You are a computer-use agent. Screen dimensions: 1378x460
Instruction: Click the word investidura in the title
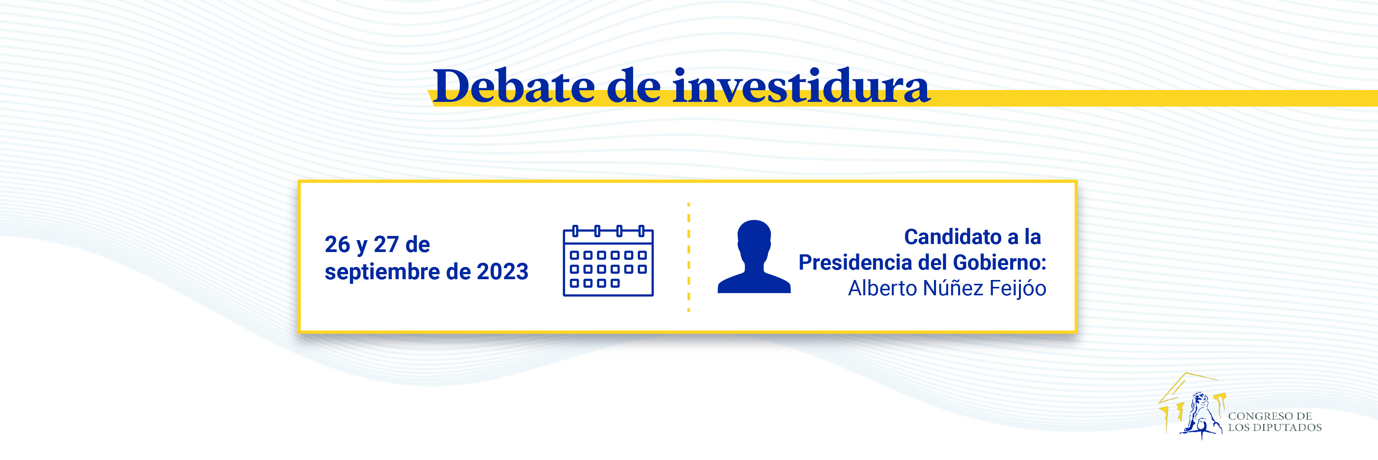coord(801,86)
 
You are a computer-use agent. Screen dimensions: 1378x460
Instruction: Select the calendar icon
coord(608,261)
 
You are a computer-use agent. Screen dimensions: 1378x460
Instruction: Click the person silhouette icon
coord(754,257)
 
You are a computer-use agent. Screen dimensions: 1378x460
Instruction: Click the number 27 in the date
coord(386,245)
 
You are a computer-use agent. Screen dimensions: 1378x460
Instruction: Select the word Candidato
coord(953,237)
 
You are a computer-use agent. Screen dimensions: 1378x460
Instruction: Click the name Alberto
coord(883,288)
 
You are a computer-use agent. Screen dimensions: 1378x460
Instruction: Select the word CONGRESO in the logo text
coord(1253,416)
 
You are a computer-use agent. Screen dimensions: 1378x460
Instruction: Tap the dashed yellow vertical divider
coord(689,257)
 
